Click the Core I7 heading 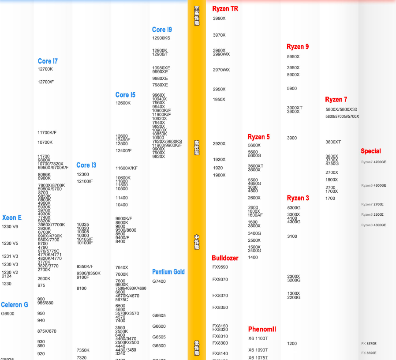pyautogui.click(x=48, y=61)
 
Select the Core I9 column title pyautogui.click(x=162, y=30)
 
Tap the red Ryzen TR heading pyautogui.click(x=225, y=9)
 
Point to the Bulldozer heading pyautogui.click(x=225, y=258)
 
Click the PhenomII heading pyautogui.click(x=262, y=329)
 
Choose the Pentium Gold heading pyautogui.click(x=168, y=272)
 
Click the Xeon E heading pyautogui.click(x=12, y=217)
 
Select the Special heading pyautogui.click(x=370, y=151)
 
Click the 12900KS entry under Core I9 pyautogui.click(x=161, y=38)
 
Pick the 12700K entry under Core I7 pyautogui.click(x=45, y=69)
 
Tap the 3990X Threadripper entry pyautogui.click(x=219, y=19)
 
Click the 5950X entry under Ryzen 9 pyautogui.click(x=293, y=57)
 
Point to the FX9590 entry pyautogui.click(x=220, y=267)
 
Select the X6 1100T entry pyautogui.click(x=258, y=338)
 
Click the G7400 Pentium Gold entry pyautogui.click(x=159, y=281)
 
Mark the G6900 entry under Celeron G pyautogui.click(x=7, y=314)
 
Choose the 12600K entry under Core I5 pyautogui.click(x=123, y=103)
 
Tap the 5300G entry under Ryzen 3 pyautogui.click(x=294, y=208)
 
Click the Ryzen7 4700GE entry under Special pyautogui.click(x=374, y=162)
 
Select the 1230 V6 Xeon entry pyautogui.click(x=10, y=227)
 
